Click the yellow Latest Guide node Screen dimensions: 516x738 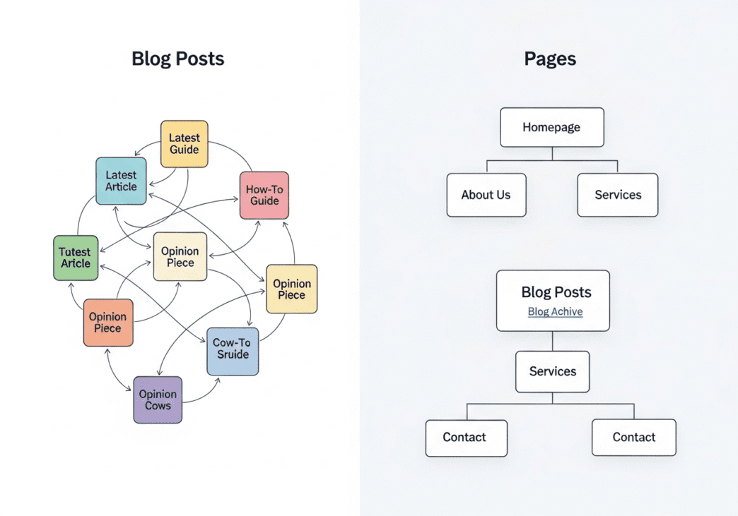click(x=184, y=144)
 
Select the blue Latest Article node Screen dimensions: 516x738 click(x=121, y=181)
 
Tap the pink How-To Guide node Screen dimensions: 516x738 click(x=264, y=195)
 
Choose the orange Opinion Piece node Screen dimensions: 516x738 click(x=108, y=323)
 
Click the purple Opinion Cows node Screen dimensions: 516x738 click(x=158, y=400)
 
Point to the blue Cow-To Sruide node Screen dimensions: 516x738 click(x=233, y=351)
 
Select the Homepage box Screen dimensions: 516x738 click(x=551, y=127)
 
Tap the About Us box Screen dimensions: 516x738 click(x=486, y=195)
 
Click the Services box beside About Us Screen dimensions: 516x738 click(x=617, y=195)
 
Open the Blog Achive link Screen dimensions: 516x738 click(x=555, y=311)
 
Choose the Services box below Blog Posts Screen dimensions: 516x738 click(x=552, y=371)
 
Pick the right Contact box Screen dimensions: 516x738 click(x=633, y=438)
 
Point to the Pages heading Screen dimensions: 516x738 click(x=550, y=59)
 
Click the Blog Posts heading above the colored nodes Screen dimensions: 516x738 click(x=177, y=59)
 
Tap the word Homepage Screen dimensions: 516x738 click(x=551, y=127)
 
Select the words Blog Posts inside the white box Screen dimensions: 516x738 click(x=556, y=292)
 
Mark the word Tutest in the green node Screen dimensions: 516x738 click(x=74, y=251)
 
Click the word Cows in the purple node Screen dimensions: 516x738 click(x=158, y=406)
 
